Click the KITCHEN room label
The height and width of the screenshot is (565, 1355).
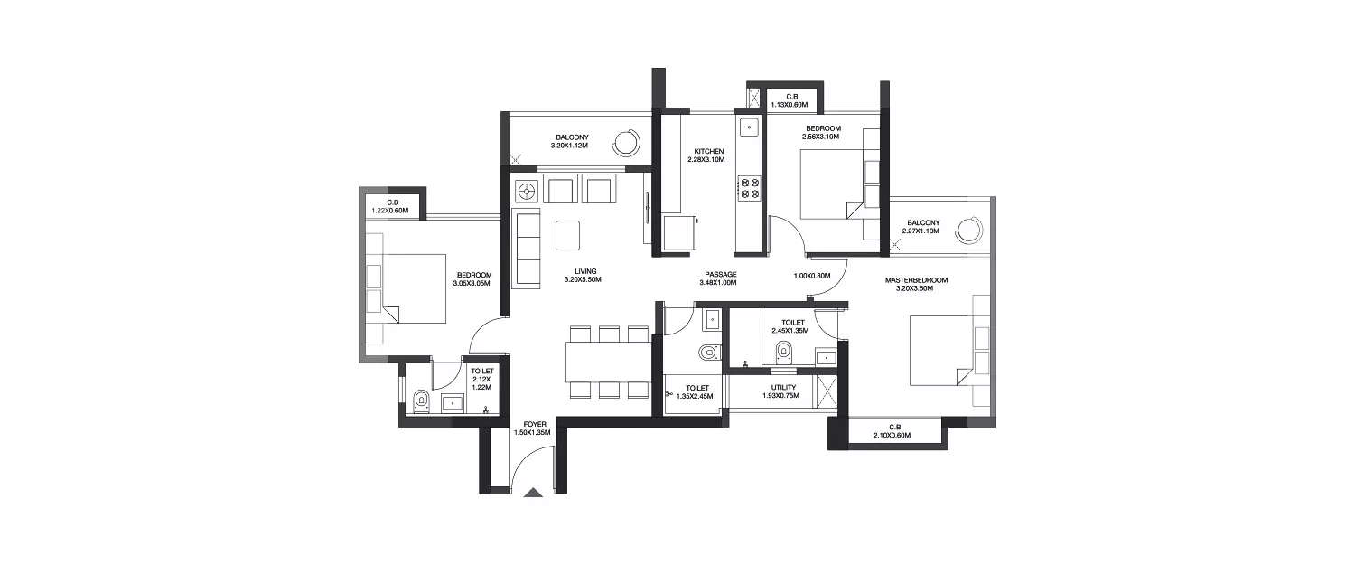click(708, 155)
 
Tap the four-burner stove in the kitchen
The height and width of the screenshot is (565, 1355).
click(749, 187)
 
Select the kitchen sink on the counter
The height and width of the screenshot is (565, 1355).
click(749, 127)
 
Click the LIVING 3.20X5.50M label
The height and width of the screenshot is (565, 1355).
click(575, 276)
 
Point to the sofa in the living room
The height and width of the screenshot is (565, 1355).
click(526, 249)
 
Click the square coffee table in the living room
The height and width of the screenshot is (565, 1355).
click(569, 235)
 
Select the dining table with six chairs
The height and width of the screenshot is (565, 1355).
click(609, 362)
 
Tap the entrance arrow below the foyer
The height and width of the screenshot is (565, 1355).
click(533, 493)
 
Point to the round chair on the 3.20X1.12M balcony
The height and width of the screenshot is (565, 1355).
click(624, 142)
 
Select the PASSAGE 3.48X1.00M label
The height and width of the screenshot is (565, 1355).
click(719, 278)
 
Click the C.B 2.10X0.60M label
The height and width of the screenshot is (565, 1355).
click(892, 431)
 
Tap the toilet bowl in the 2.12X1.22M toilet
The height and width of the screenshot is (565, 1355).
click(420, 401)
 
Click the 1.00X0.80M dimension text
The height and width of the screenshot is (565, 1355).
click(811, 277)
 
